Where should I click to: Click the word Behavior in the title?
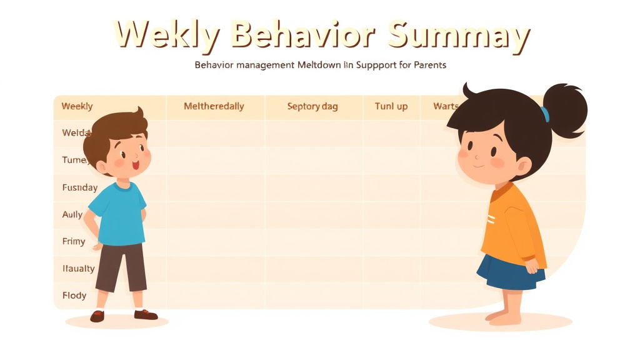point(304,35)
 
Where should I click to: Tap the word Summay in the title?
point(457,36)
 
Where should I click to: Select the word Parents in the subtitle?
point(430,65)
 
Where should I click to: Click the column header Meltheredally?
point(214,106)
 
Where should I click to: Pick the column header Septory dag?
point(312,106)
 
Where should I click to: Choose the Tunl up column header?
point(391,106)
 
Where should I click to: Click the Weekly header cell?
point(77,106)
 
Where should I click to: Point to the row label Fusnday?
point(79,187)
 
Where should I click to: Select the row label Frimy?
point(73,241)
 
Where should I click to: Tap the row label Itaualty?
point(78,269)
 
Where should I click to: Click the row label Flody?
point(74,295)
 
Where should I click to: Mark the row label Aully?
point(72,214)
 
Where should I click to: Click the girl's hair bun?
point(564,110)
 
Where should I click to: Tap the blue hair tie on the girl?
point(545,114)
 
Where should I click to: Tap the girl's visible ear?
point(522,165)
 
